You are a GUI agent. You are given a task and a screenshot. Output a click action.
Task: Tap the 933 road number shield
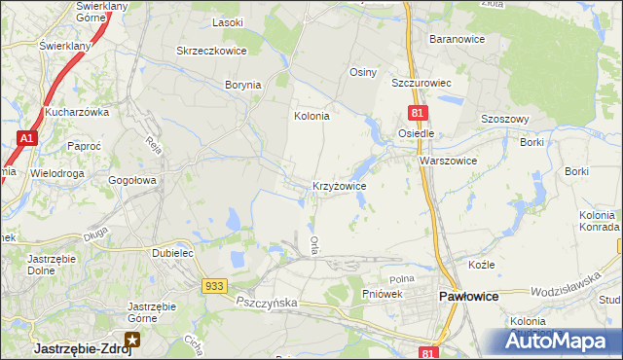point(215,285)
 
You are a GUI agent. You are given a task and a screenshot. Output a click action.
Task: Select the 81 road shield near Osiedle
point(416,115)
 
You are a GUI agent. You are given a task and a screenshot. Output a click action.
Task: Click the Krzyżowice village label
point(339,185)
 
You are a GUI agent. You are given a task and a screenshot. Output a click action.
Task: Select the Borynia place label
point(243,85)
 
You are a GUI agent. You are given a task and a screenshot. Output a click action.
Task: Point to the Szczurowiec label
point(420,84)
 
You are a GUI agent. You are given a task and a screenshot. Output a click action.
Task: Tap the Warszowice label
point(448,161)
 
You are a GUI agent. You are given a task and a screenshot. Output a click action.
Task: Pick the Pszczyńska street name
point(266,304)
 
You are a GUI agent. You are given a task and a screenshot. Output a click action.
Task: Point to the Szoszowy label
point(504,119)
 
